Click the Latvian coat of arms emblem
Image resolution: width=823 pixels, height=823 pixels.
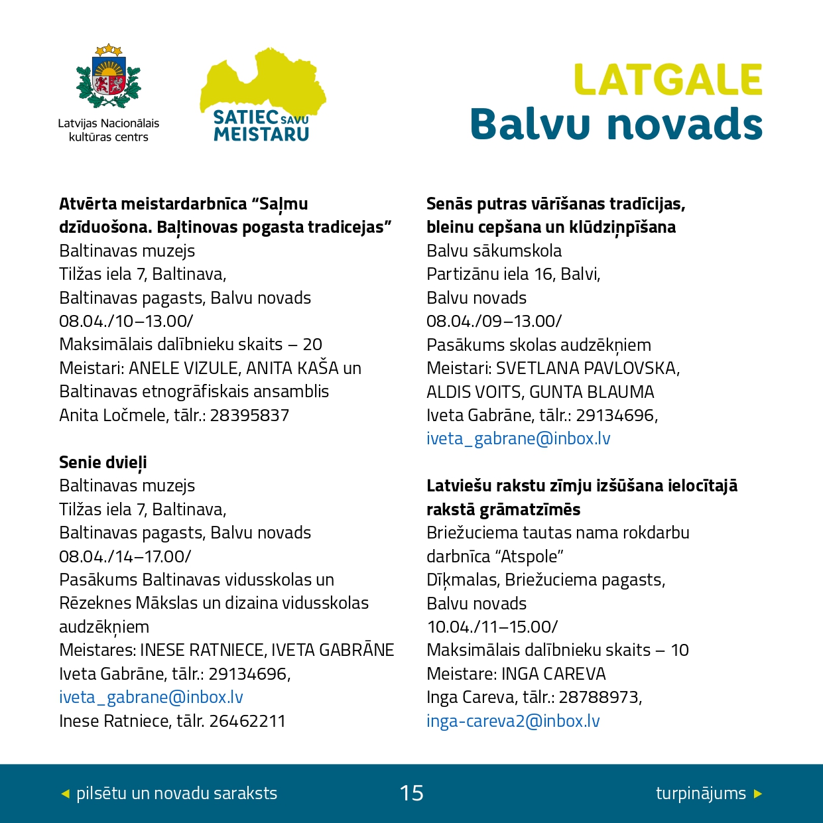pos(109,77)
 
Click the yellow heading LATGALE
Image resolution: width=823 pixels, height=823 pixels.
pos(668,80)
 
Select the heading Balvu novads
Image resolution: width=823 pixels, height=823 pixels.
pos(616,124)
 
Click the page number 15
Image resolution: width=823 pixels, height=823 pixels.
pos(411,793)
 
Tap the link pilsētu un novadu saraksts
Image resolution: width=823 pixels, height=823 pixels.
pos(176,793)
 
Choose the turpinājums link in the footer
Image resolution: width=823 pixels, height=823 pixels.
pos(701,793)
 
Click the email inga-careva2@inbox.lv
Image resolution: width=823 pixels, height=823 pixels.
pos(513,721)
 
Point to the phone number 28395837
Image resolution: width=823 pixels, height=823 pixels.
pos(249,415)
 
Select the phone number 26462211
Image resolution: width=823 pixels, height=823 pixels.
pos(247,721)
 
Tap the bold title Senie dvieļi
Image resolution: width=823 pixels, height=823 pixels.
pos(103,462)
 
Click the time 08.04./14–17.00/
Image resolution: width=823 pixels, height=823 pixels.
pos(125,556)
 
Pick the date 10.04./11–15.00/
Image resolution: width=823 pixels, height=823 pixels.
pos(492,627)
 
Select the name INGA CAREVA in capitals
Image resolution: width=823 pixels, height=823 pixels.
pos(553,674)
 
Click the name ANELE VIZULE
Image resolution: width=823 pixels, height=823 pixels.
pos(183,368)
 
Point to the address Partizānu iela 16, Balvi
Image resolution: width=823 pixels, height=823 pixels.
pos(513,274)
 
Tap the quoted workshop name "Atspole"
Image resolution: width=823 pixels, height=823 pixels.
pos(529,556)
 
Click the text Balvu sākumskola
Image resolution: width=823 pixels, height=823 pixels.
pos(494,251)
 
